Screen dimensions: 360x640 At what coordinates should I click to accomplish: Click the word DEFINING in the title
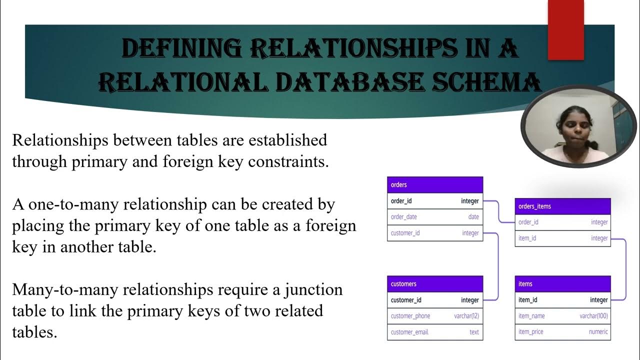coord(181,49)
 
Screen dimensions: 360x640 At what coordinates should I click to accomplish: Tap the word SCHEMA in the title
coord(487,82)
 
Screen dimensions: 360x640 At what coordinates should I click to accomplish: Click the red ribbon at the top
coord(565,29)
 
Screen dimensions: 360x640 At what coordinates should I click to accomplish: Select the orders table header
coord(435,185)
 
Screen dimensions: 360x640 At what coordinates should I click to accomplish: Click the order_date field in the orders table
coord(404,217)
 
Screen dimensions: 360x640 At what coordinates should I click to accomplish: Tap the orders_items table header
coord(562,206)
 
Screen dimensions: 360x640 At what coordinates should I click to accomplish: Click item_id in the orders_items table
coord(527,238)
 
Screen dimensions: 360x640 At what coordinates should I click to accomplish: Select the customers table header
coord(435,284)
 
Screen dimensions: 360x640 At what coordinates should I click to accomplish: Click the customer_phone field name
coord(410,316)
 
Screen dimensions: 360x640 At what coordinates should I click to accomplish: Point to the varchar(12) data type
coord(466,316)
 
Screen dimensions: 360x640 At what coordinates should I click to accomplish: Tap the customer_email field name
coord(409,332)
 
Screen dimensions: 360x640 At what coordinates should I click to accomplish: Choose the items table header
coord(562,284)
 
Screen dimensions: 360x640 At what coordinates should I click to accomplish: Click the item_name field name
coord(531,316)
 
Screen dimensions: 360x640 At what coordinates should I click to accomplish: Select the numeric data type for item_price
coord(598,332)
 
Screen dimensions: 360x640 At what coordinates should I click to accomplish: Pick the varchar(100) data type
coord(593,316)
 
